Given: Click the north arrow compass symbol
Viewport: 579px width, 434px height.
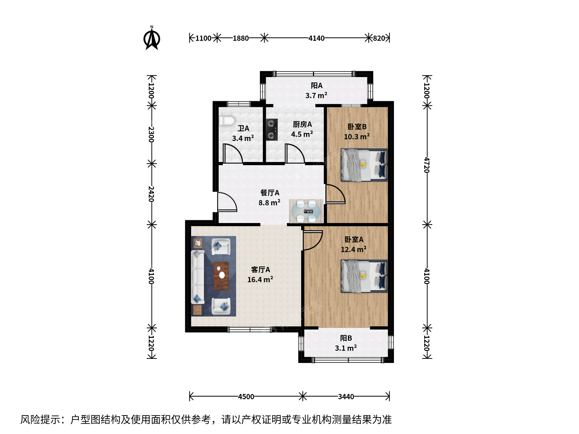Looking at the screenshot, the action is [152, 38].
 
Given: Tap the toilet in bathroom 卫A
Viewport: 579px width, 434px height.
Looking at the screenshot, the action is [227, 121].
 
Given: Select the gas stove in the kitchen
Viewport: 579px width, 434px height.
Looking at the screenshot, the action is [272, 129].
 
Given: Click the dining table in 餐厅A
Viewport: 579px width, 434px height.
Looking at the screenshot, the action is [306, 211].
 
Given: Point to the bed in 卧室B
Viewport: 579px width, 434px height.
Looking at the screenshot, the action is [364, 165].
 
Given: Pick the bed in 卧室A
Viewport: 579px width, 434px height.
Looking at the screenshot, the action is [364, 276].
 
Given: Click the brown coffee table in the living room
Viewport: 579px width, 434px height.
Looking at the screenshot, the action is [221, 276].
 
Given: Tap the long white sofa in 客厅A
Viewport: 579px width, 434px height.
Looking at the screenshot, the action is [197, 277].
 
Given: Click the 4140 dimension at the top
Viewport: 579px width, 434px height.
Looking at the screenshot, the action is [316, 39].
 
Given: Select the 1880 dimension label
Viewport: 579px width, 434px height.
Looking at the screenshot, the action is [240, 39].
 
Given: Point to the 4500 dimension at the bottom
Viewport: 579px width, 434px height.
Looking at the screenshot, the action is [246, 397].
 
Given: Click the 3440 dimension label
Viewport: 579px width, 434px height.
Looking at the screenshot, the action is [346, 397].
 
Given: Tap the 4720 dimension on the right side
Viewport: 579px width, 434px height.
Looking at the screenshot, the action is [427, 165].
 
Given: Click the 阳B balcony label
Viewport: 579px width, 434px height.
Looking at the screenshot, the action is [346, 338].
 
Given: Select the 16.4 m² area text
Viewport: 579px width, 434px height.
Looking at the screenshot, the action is [260, 280].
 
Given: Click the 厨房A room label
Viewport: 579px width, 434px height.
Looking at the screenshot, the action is [302, 125].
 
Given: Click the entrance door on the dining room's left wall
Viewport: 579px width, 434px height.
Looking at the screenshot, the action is [227, 202].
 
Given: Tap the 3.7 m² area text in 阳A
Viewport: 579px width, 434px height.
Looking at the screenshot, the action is [316, 95].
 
